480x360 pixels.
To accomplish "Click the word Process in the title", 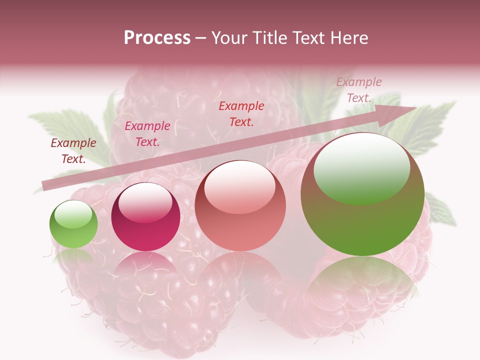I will point(157,38).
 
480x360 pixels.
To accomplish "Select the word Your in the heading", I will point(230,38).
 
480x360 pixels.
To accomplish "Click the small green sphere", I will point(73,224).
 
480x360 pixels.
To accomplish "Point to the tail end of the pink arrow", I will point(45,186).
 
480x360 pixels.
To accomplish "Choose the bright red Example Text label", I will point(241,113).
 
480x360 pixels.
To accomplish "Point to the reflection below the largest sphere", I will point(362,280).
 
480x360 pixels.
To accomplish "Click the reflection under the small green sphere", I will point(73,257).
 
